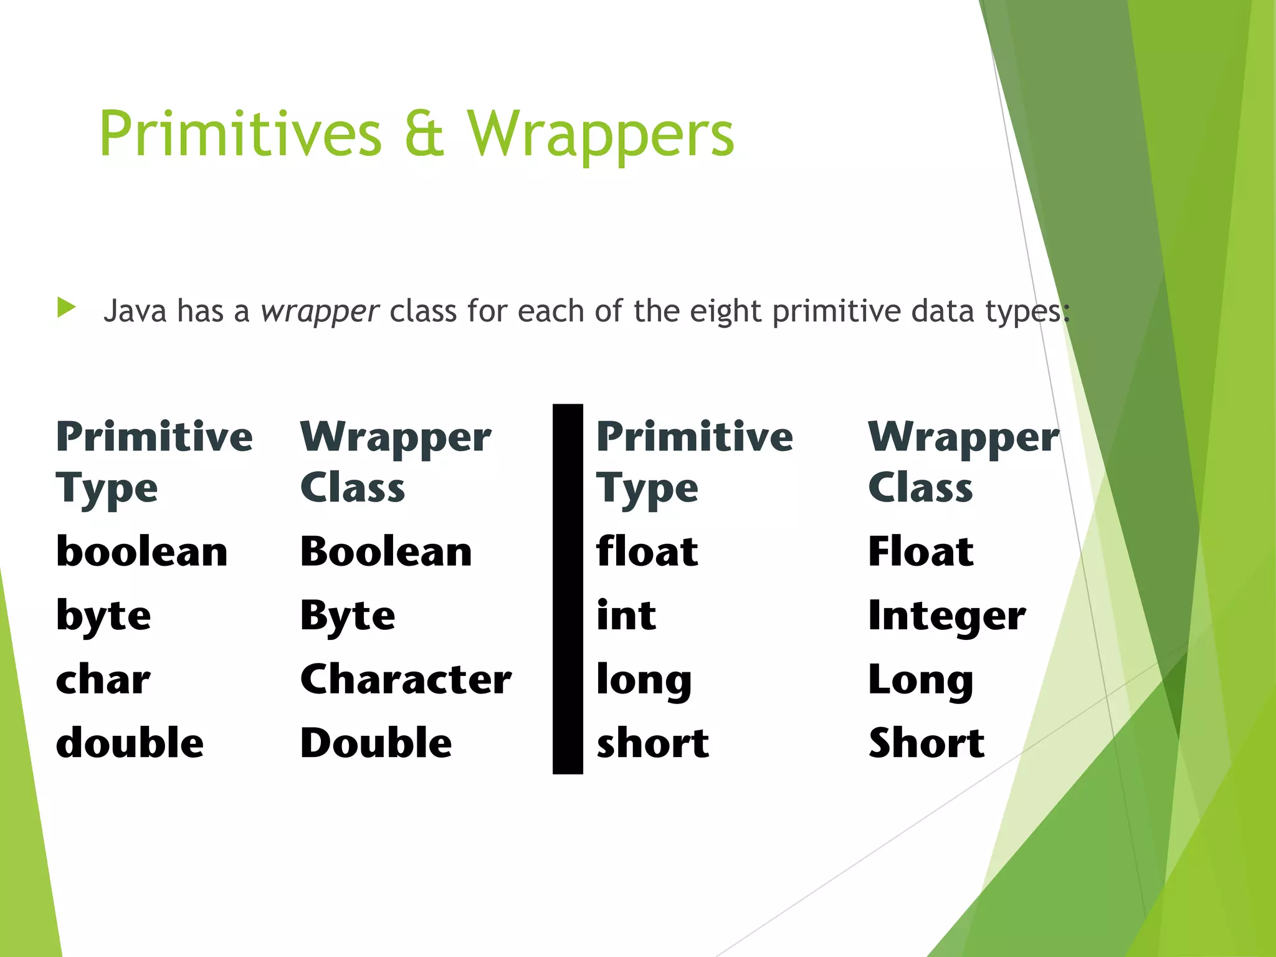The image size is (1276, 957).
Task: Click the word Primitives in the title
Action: [240, 134]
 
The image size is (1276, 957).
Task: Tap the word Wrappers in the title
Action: [601, 134]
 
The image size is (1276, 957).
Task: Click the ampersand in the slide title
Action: [424, 134]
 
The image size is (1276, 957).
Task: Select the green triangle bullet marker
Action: [66, 308]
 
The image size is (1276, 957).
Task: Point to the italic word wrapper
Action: [320, 311]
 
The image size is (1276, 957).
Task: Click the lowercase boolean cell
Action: [142, 552]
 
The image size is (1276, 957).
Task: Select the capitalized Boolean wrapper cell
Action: [386, 552]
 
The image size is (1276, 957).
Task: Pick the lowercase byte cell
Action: [103, 616]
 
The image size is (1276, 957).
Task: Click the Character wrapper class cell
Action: [406, 679]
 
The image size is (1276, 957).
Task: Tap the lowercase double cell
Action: [130, 743]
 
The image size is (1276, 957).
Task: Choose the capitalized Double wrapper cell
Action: [376, 743]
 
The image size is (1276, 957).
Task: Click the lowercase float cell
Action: [647, 552]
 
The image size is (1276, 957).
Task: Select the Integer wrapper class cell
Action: [946, 616]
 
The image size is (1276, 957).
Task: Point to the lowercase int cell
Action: [626, 616]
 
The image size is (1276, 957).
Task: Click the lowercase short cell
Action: [652, 743]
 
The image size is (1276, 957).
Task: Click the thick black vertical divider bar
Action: [568, 589]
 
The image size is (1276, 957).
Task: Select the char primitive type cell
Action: [103, 679]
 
